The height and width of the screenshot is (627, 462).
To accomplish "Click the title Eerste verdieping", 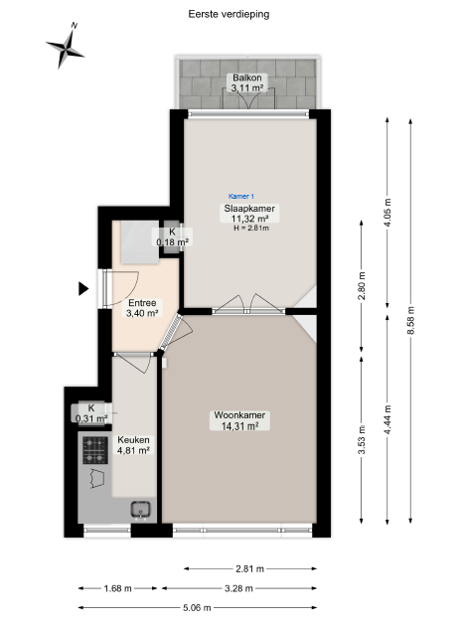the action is (229, 14).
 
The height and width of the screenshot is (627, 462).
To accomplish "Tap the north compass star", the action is (65, 48).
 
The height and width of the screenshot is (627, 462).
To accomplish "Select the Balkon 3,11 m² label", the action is (247, 83).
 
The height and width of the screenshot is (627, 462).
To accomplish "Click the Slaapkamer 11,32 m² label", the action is (249, 214).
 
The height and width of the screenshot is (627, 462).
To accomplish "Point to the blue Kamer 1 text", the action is (241, 197).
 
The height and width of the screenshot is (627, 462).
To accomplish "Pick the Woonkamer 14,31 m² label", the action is (239, 420).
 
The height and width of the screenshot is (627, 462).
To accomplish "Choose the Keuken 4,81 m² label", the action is (133, 445).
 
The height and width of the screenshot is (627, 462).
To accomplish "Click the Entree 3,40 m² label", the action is (142, 308).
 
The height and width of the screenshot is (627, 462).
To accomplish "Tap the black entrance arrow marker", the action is (83, 289).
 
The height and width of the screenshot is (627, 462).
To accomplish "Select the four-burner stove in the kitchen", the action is (95, 450).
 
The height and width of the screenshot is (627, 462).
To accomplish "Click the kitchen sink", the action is (140, 510).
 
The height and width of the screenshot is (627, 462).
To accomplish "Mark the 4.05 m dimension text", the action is (387, 213).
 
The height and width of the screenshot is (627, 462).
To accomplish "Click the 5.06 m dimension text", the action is (197, 608).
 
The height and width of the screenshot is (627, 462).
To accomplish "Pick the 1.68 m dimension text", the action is (117, 588).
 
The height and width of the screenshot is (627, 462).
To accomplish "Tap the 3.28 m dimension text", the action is (238, 588).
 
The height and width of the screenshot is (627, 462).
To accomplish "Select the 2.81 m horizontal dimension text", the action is (249, 568).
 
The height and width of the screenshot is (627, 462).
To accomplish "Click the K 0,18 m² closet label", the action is (173, 236).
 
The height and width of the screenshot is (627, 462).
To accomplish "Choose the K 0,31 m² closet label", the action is (91, 413).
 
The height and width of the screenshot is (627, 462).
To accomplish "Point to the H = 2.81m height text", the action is (251, 229).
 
